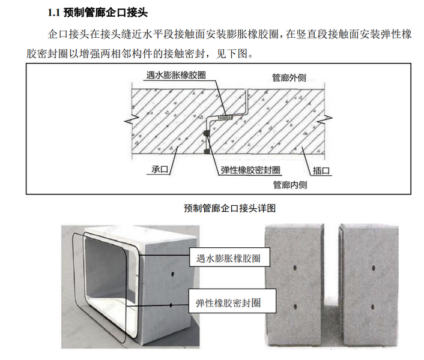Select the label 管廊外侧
click(289, 77)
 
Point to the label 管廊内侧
click(289, 184)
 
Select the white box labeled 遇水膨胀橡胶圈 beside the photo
click(229, 259)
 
